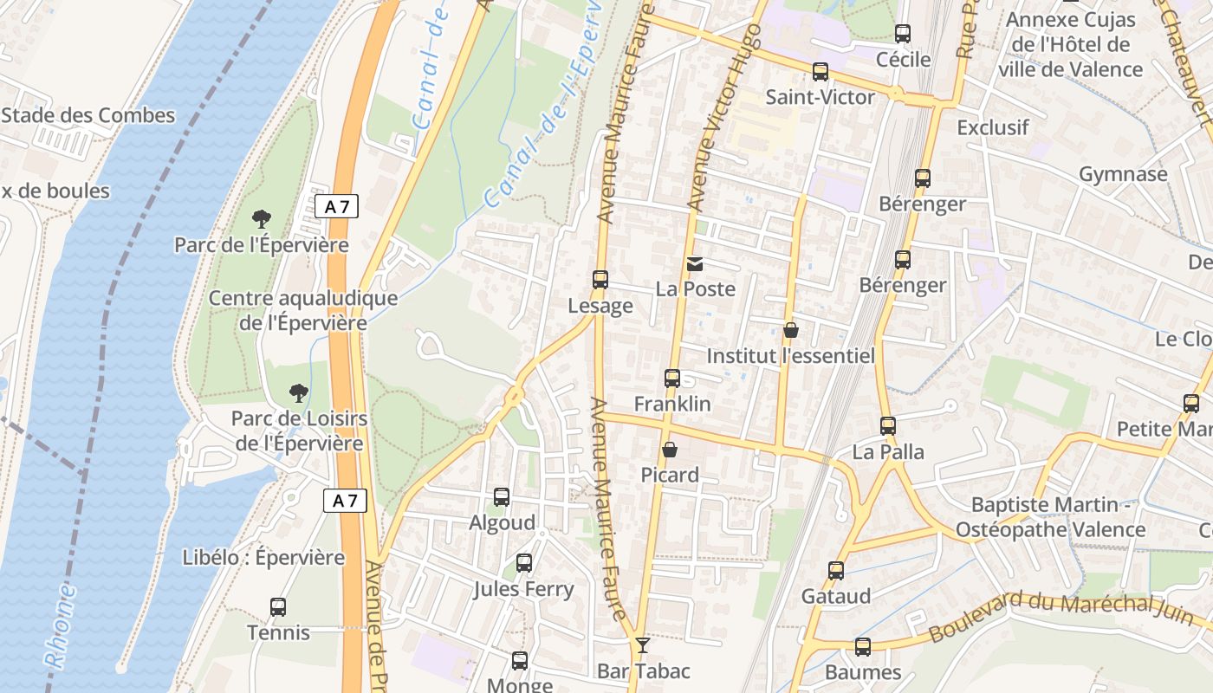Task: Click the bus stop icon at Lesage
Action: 600,280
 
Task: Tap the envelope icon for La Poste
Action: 695,263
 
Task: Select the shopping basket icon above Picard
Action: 670,450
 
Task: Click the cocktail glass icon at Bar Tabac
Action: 642,644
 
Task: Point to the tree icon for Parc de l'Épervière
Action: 261,219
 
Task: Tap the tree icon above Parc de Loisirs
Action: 298,393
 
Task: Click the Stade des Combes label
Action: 88,115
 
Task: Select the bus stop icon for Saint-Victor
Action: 820,72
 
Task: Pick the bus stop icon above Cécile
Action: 903,34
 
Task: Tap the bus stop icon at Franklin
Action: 672,379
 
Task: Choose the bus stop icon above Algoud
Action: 502,497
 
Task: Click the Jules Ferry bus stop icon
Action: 524,563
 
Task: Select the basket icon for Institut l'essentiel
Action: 790,330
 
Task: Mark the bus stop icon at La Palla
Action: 888,426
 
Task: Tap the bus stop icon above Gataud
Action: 836,571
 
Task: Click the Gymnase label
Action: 1123,174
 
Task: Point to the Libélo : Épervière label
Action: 263,557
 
